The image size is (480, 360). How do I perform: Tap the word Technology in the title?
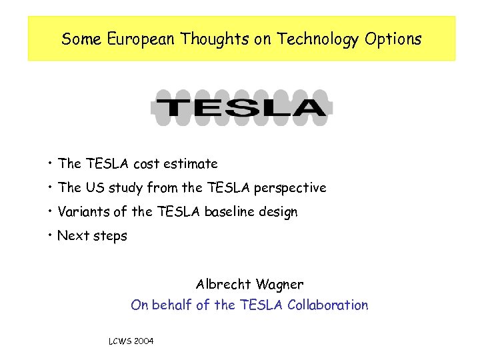tap(319, 39)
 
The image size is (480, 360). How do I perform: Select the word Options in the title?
tap(393, 39)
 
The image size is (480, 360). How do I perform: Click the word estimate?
tap(191, 164)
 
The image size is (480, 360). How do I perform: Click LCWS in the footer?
tap(119, 341)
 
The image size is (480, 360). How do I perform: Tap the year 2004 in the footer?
tap(143, 341)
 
